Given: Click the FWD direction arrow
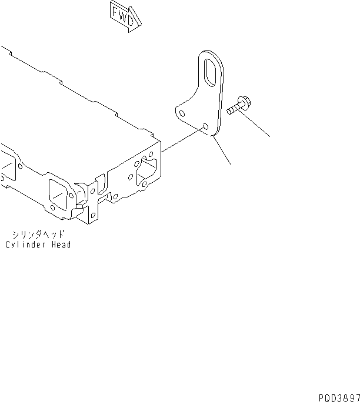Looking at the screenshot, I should [x=126, y=15].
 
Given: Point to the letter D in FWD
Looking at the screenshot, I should [x=134, y=19].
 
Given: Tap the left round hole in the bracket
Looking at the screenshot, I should [x=183, y=114].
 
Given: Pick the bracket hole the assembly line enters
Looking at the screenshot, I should [x=205, y=126].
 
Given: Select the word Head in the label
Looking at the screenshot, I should [x=61, y=244].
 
